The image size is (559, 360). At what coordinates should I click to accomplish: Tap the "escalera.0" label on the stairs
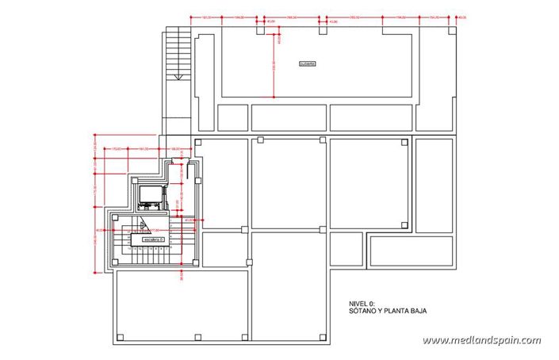coord(152,238)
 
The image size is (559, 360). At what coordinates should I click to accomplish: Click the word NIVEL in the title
coord(359,304)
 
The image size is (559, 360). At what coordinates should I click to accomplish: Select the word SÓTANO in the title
coord(362,312)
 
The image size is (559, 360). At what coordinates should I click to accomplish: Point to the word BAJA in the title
coord(416,312)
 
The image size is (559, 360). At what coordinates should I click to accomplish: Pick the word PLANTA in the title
coord(393,312)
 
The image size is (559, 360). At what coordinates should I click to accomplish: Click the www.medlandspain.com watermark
coord(481,341)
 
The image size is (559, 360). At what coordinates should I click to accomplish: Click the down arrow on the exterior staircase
coord(179,77)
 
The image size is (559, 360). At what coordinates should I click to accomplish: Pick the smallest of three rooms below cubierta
coord(232,118)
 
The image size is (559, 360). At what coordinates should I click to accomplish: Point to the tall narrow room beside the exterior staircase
coord(204,79)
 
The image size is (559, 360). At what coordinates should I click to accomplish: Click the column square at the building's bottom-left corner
coord(121,337)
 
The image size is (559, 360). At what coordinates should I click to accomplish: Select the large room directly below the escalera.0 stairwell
coord(181,305)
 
